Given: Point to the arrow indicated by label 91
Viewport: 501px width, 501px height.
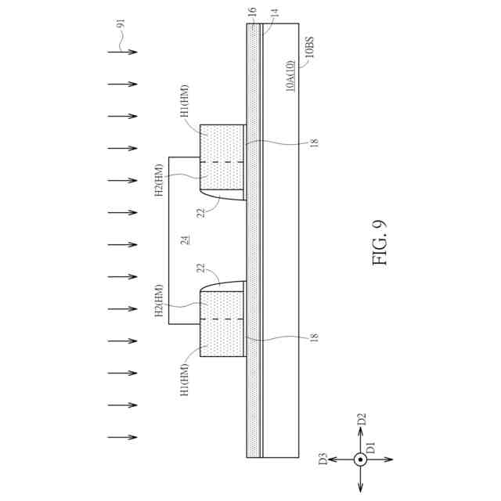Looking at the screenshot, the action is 122,52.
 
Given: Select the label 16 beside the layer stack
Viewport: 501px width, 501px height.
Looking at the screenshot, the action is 252,13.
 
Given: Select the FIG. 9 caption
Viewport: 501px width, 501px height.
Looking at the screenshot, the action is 380,243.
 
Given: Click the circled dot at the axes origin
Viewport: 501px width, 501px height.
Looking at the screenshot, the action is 360,460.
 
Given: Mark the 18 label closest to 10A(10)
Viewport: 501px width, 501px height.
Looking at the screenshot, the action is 313,143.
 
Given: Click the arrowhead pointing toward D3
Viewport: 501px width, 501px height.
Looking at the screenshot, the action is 332,460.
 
